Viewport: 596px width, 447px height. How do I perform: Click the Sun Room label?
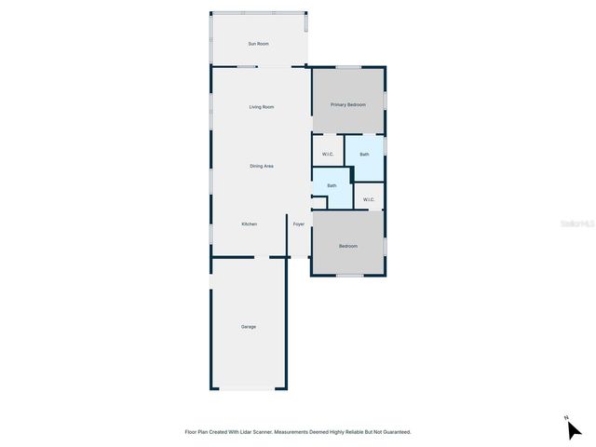point(258,44)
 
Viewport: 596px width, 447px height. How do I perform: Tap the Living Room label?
point(261,107)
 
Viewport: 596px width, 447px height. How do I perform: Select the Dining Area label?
point(261,166)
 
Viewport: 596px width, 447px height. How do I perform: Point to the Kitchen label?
point(249,223)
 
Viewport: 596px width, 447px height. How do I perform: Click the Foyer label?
point(299,223)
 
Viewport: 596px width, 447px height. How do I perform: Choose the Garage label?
point(249,326)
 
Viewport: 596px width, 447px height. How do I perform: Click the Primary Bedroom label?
point(348,104)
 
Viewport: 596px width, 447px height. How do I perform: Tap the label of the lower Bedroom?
point(348,246)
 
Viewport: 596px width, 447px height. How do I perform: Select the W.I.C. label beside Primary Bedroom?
point(328,154)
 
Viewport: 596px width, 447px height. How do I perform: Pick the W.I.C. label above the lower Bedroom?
point(369,199)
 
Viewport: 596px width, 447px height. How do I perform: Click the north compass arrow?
point(575,430)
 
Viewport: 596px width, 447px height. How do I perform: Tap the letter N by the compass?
point(566,418)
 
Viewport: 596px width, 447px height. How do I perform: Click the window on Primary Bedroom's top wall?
point(348,66)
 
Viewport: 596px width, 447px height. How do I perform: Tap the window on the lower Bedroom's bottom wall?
point(348,276)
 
